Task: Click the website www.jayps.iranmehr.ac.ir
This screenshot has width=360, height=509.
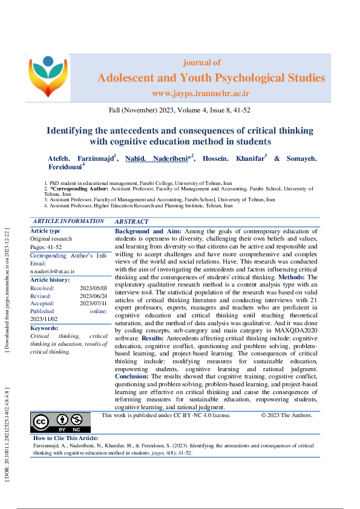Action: pyautogui.click(x=200, y=93)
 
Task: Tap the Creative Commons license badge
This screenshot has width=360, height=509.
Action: pyautogui.click(x=60, y=421)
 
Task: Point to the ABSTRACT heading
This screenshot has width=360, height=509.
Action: pyautogui.click(x=131, y=222)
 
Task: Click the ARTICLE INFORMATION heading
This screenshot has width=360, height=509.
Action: pyautogui.click(x=68, y=222)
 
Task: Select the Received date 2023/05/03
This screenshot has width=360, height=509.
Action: pyautogui.click(x=93, y=288)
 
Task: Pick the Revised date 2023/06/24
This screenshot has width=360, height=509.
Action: pyautogui.click(x=93, y=296)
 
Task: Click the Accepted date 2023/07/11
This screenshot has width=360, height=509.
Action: pyautogui.click(x=93, y=303)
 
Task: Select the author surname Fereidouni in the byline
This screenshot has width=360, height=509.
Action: pyautogui.click(x=64, y=167)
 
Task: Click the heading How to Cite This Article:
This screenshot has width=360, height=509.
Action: pyautogui.click(x=65, y=438)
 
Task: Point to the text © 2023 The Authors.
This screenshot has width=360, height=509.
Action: pyautogui.click(x=286, y=415)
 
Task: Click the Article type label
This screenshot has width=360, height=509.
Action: pyautogui.click(x=45, y=230)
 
